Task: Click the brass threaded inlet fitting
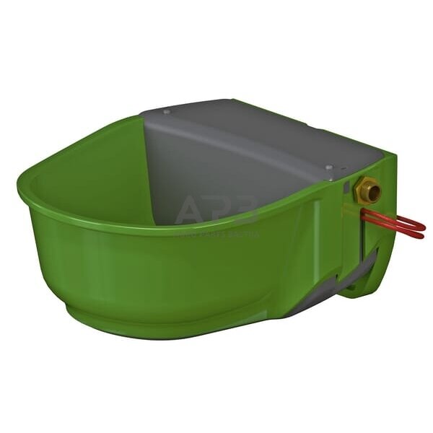tap(367, 191)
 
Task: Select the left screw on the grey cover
tap(167, 112)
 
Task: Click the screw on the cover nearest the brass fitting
tap(329, 167)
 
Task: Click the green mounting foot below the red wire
tap(361, 285)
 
